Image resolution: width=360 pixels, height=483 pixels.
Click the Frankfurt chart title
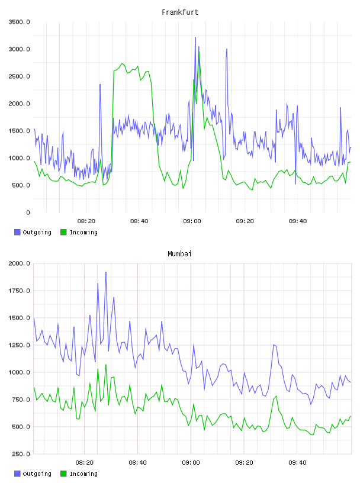[180, 12]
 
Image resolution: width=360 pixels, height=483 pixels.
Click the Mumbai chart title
[179, 254]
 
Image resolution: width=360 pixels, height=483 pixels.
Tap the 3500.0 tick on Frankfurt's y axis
[19, 22]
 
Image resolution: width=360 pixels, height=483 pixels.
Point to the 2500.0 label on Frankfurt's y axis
[19, 76]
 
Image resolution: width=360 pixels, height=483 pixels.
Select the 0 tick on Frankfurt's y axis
[28, 212]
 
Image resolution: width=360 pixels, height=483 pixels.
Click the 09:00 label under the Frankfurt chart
[192, 221]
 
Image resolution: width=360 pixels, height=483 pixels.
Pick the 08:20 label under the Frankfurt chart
[86, 221]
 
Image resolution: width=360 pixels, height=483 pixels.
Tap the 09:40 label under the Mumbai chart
[297, 463]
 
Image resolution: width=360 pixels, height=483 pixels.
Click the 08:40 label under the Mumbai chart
[137, 463]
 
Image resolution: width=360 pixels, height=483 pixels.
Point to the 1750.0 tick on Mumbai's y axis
[19, 291]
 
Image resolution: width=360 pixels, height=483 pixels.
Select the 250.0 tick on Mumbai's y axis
[20, 454]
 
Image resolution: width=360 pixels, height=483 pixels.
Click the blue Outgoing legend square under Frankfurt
[17, 232]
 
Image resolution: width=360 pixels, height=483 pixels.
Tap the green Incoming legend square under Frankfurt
[63, 232]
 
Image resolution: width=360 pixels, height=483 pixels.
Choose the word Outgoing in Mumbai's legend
[37, 474]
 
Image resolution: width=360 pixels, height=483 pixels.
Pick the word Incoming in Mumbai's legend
[83, 474]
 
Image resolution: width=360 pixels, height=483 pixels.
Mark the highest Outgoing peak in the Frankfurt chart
[195, 37]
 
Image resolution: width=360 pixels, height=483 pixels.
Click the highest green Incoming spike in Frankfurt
[199, 51]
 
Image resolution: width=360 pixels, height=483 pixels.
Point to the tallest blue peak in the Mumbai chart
[106, 272]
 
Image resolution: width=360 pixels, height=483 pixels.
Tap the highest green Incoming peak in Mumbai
[106, 365]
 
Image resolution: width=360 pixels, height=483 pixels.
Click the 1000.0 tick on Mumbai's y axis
[19, 372]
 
